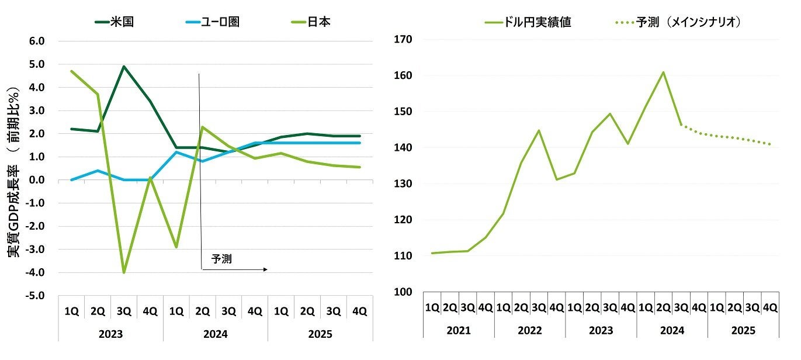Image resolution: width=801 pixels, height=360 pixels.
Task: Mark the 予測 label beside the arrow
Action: (221, 259)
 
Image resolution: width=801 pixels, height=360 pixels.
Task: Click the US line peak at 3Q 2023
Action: (124, 67)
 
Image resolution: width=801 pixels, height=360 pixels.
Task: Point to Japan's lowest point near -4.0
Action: (124, 272)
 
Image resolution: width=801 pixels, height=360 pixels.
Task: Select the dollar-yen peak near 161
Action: (664, 72)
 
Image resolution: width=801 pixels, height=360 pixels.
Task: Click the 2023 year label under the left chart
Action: (110, 334)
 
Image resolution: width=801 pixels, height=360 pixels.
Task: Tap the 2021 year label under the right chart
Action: (458, 331)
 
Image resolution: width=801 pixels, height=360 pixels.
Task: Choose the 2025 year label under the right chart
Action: (743, 331)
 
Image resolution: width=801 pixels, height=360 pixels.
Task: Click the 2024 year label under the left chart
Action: (215, 334)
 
